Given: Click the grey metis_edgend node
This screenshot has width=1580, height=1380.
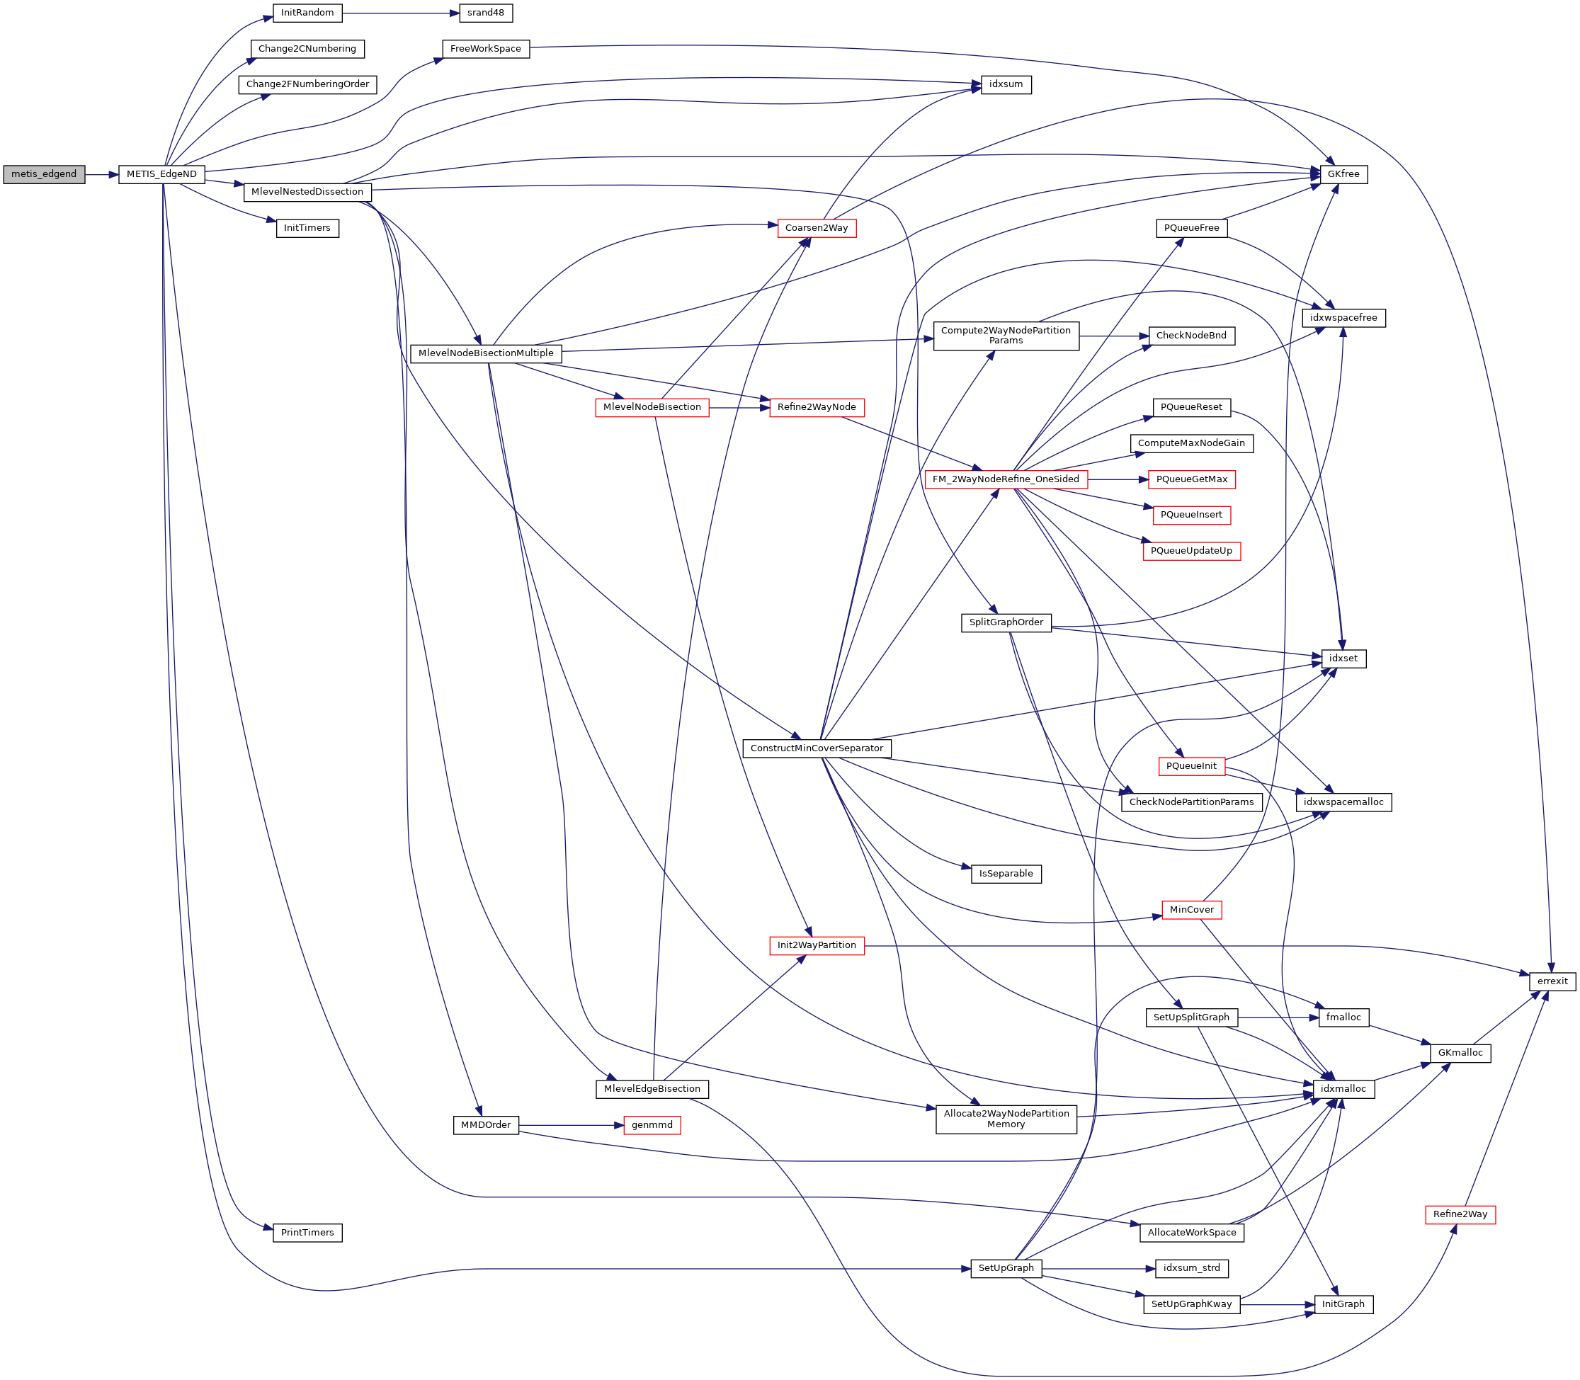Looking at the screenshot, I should coord(44,174).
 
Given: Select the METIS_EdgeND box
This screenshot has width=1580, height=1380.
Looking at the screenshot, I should coord(161,174).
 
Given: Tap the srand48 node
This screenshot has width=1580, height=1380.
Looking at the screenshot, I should coord(485,13).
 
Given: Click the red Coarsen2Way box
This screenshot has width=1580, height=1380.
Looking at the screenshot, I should coord(816,228).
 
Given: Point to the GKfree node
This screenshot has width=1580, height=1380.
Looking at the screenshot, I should coord(1343,174).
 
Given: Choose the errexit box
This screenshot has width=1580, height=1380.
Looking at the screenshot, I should coord(1552,981).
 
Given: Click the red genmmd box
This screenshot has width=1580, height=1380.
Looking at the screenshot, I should coord(652,1125).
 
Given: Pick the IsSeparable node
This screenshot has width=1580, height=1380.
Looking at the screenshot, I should coord(1006,874).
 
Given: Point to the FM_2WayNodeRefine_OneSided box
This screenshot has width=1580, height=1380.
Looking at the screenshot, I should coord(1006,479).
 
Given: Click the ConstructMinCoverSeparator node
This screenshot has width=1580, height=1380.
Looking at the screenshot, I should coord(816,748).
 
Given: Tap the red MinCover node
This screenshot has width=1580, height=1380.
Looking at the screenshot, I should coord(1191,909).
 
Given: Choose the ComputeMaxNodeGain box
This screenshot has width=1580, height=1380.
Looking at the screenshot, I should coord(1191,443).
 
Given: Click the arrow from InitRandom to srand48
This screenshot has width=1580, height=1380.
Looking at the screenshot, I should coord(400,13).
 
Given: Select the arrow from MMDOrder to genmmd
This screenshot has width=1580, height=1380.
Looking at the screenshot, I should coord(570,1125).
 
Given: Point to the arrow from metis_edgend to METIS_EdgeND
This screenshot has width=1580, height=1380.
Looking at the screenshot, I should coord(101,174).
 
